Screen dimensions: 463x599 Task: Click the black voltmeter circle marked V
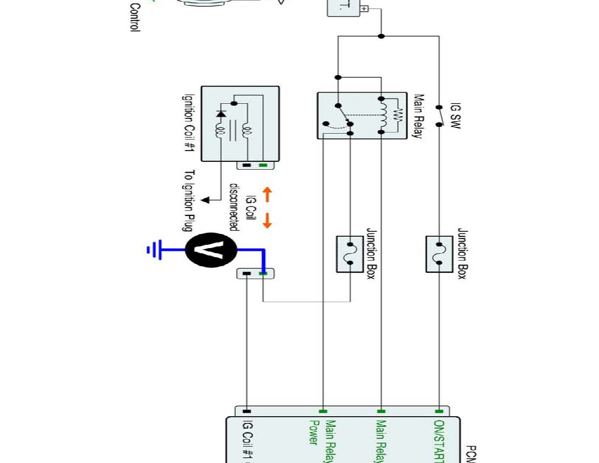click(210, 249)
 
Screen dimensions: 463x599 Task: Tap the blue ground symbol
click(154, 249)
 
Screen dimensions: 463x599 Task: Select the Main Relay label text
click(418, 116)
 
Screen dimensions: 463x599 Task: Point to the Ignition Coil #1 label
click(187, 123)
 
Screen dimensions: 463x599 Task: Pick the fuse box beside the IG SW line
click(439, 254)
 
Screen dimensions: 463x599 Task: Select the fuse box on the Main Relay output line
click(350, 254)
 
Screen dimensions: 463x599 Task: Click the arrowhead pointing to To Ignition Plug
click(206, 199)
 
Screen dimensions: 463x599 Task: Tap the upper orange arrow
click(267, 195)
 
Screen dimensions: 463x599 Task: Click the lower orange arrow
click(267, 220)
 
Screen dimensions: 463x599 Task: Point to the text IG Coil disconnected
click(239, 206)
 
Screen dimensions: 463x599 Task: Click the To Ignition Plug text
click(189, 200)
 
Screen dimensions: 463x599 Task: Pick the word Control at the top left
click(135, 17)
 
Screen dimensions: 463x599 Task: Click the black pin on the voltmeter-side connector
click(246, 274)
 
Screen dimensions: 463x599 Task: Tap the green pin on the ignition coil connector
click(263, 165)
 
